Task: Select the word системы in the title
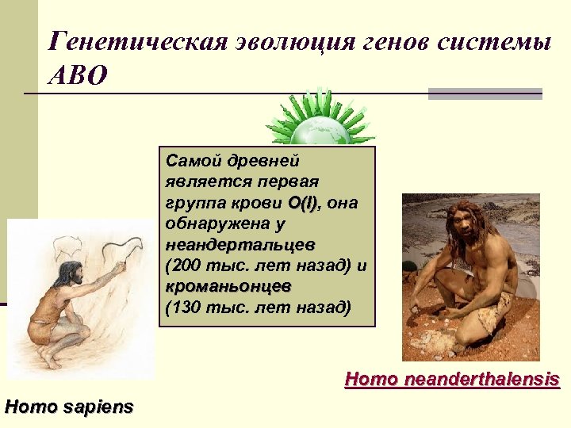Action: [492, 42]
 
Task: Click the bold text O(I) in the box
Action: [305, 204]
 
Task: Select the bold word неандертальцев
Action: [240, 243]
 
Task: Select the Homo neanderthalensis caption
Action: [452, 380]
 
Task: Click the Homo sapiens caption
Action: [69, 407]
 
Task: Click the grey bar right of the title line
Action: [485, 94]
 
